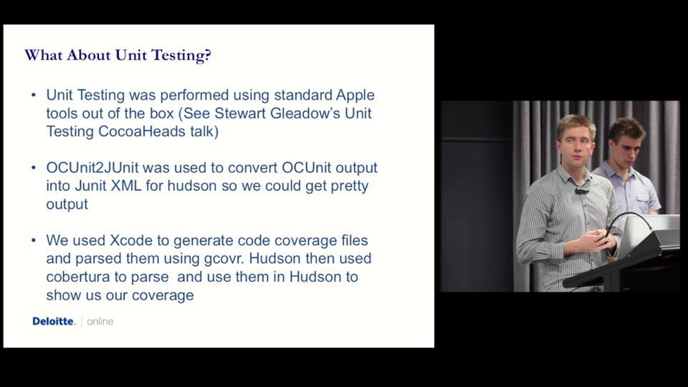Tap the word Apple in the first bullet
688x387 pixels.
pos(355,95)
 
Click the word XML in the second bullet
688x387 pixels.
pos(126,186)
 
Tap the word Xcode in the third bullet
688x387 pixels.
pos(131,240)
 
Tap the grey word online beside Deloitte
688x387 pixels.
pos(100,322)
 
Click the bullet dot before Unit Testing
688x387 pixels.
pos(34,95)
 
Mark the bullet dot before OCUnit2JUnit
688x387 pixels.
pos(34,168)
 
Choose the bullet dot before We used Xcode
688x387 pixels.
pos(34,240)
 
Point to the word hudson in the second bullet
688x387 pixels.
pos(192,186)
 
